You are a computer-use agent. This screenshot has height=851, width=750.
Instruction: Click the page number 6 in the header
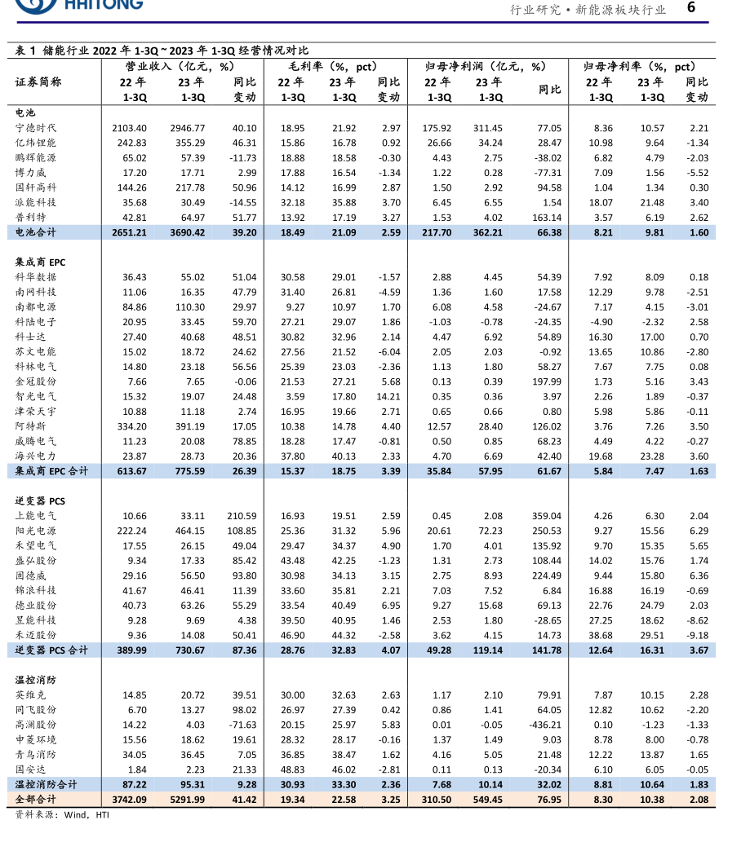click(x=690, y=8)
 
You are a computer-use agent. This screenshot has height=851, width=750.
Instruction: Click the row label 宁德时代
click(x=36, y=128)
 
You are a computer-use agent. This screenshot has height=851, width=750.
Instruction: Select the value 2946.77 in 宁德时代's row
click(x=188, y=128)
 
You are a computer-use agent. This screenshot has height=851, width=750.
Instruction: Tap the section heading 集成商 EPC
click(x=40, y=262)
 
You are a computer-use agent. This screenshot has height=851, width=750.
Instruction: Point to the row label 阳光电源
click(x=36, y=531)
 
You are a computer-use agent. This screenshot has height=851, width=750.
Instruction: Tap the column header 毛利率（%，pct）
click(x=332, y=66)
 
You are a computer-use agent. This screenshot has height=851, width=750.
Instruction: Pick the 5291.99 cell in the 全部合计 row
click(x=188, y=800)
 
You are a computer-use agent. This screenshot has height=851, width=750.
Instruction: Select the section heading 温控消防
click(x=36, y=680)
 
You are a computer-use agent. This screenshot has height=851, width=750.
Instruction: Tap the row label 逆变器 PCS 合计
click(x=51, y=650)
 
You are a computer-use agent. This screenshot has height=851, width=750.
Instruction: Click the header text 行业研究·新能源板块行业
click(x=588, y=10)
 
